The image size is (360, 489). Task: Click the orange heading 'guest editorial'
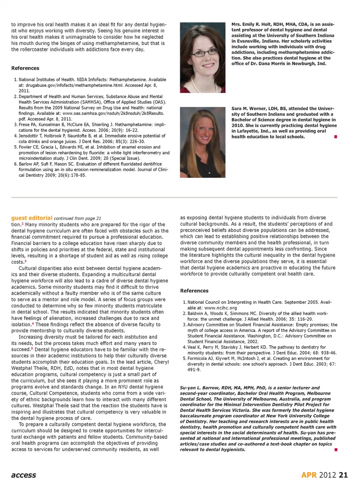[31, 218]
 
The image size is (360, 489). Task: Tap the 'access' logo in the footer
[24, 475]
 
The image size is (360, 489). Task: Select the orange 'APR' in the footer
[309, 475]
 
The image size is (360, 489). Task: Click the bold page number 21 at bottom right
[343, 475]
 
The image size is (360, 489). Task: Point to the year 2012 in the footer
[327, 475]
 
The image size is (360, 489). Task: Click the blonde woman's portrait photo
[202, 142]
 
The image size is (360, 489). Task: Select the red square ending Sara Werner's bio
[336, 137]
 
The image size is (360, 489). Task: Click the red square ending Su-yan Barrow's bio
[336, 449]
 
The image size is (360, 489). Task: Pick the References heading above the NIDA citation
[25, 68]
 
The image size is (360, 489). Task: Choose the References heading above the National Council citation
[194, 291]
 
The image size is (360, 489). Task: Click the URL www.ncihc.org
[220, 308]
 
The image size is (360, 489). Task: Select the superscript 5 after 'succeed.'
[32, 348]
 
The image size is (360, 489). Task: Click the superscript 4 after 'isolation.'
[33, 323]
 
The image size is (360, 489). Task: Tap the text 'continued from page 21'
[77, 218]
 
